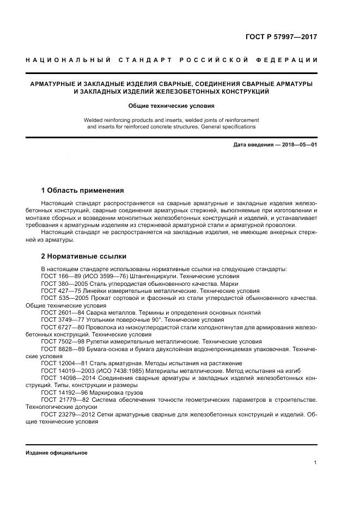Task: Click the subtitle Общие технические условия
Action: (x=172, y=106)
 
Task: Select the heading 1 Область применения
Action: (x=82, y=191)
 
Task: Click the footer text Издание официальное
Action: (x=57, y=453)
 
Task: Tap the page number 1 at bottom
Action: (x=315, y=462)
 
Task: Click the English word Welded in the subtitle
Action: (x=93, y=119)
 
